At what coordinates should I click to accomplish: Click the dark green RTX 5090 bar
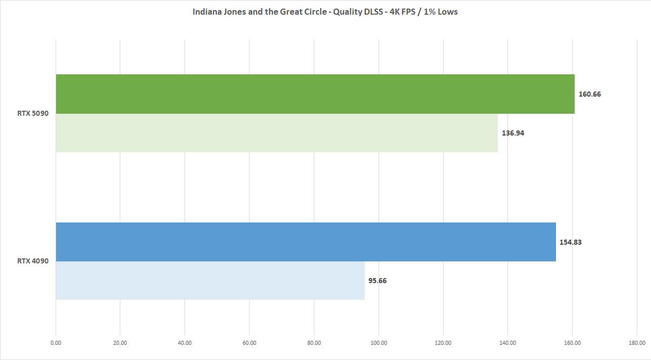click(315, 94)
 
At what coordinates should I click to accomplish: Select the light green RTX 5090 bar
click(276, 133)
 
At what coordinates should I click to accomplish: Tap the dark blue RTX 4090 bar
click(305, 242)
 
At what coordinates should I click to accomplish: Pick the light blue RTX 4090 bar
click(210, 281)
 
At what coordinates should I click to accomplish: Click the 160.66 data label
click(589, 94)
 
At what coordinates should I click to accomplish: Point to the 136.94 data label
click(513, 133)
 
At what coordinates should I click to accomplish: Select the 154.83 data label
click(570, 242)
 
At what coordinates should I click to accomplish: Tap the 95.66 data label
click(377, 281)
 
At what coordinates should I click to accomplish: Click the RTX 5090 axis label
click(33, 113)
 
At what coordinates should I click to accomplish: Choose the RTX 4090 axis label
click(33, 261)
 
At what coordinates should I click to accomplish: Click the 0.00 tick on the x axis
click(56, 343)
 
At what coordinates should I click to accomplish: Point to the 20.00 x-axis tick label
click(120, 343)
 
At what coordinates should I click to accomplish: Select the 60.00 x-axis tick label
click(249, 343)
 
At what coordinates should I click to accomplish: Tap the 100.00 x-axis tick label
click(379, 343)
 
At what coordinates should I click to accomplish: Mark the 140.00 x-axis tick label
click(507, 343)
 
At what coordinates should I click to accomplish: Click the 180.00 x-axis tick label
click(637, 343)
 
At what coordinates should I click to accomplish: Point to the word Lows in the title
click(447, 12)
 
